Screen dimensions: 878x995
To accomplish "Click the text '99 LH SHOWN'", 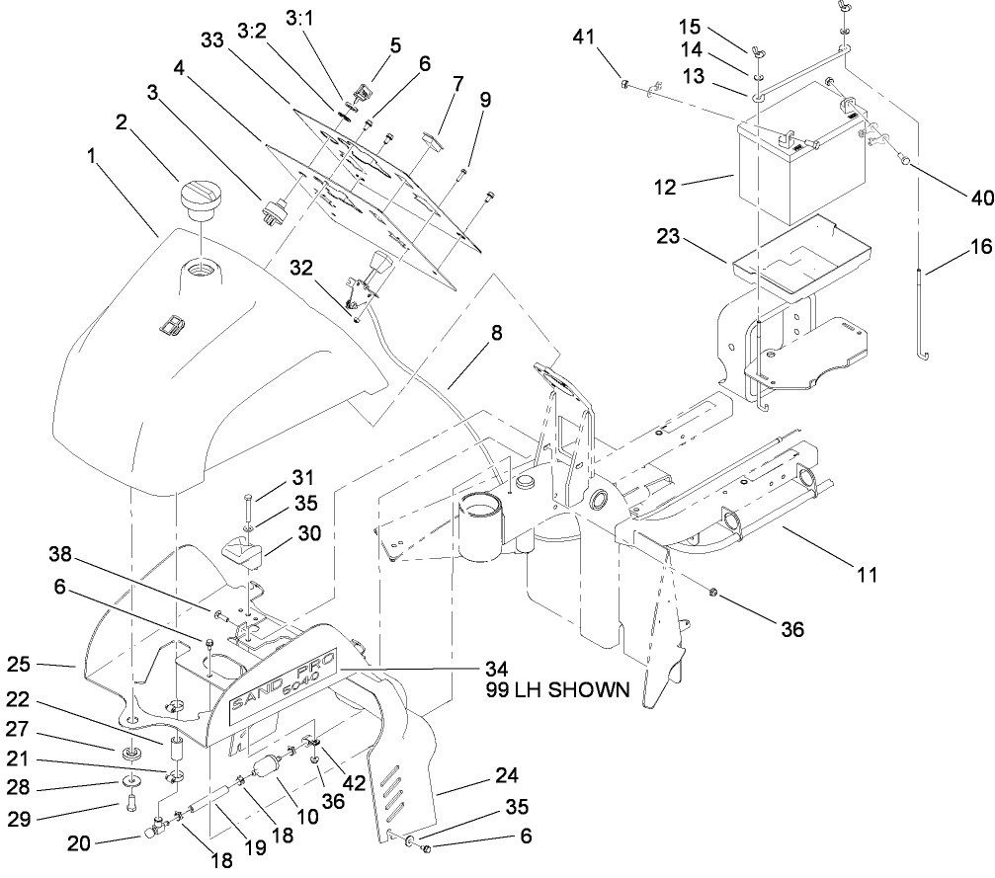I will [x=556, y=691].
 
